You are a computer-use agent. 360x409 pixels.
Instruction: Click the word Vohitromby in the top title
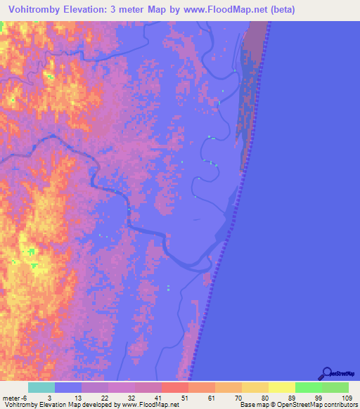[37, 9]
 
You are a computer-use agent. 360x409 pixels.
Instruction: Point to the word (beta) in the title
[280, 9]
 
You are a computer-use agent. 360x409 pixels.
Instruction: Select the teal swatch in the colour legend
[41, 387]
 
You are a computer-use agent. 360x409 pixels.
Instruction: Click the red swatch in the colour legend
[174, 387]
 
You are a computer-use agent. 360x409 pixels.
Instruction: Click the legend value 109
[345, 398]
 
